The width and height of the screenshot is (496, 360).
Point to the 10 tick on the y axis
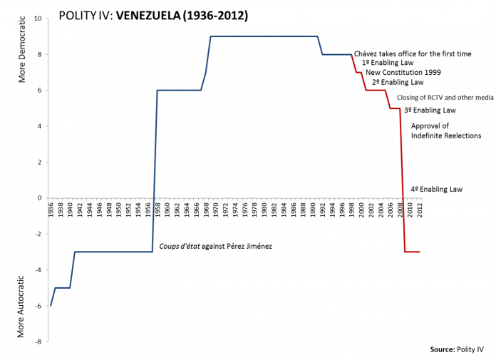click(x=38, y=19)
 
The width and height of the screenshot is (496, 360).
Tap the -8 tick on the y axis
click(x=38, y=342)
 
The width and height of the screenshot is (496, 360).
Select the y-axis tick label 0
click(x=40, y=198)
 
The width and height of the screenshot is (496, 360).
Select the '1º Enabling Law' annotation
click(x=388, y=63)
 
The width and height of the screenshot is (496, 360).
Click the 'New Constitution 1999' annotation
click(x=403, y=73)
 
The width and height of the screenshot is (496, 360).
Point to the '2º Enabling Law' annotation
click(x=398, y=83)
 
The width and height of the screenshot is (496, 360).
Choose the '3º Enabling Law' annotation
click(x=430, y=110)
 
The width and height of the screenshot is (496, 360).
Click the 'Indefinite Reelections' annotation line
click(x=446, y=135)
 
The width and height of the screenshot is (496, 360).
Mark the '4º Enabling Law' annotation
click(x=437, y=190)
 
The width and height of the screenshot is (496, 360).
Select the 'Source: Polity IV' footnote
click(x=457, y=349)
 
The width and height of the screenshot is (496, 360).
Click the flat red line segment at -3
click(x=413, y=252)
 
